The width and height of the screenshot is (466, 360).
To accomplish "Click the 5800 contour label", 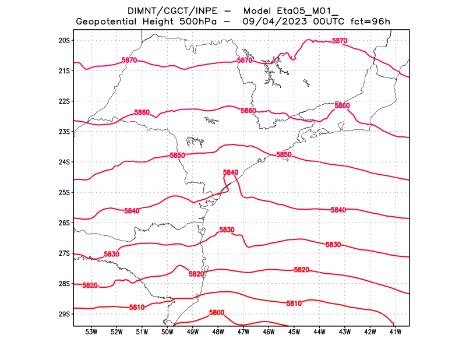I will (217, 313).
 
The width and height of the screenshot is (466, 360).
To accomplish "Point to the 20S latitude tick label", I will (64, 40).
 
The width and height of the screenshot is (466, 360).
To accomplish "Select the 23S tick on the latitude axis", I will (64, 132).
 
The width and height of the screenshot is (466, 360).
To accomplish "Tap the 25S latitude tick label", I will (64, 192).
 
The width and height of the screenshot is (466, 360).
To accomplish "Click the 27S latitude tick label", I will (64, 253).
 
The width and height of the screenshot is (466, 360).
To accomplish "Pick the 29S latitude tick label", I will (64, 314).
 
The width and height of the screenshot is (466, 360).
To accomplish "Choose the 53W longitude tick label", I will (91, 332).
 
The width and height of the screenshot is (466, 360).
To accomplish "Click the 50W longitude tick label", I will (168, 332).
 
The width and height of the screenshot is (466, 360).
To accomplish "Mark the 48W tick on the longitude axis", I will (218, 332).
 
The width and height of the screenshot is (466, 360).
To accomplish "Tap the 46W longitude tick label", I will (269, 332).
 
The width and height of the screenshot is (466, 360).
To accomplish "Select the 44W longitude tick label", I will (319, 332).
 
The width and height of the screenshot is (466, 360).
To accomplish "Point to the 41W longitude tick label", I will (396, 332).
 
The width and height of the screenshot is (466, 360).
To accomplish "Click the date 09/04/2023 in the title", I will (270, 22).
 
